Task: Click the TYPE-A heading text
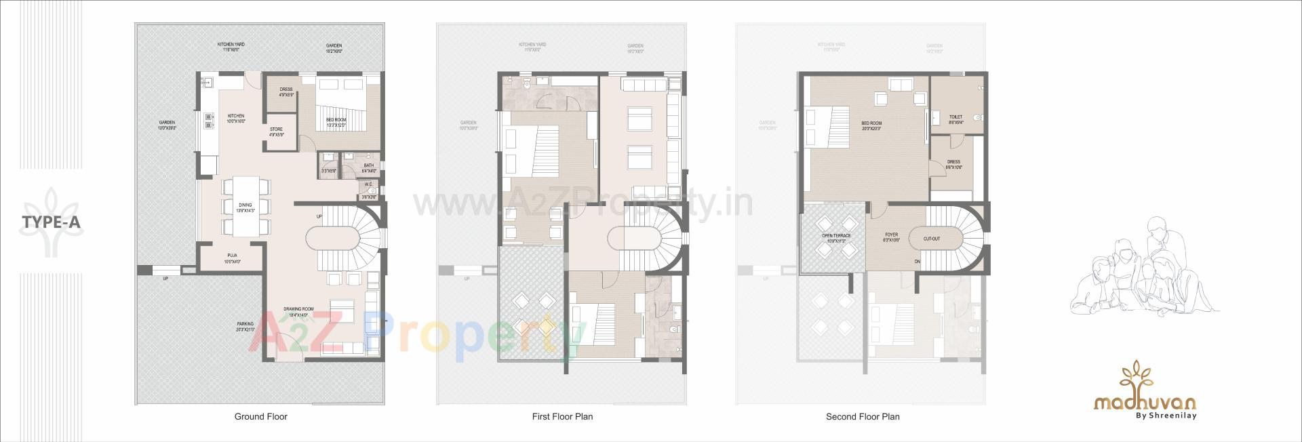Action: pyautogui.click(x=52, y=222)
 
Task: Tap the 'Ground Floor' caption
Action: pyautogui.click(x=260, y=416)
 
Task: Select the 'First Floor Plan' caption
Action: pyautogui.click(x=562, y=416)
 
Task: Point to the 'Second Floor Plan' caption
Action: pyautogui.click(x=863, y=416)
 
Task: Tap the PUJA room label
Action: pyautogui.click(x=232, y=256)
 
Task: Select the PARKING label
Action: pyautogui.click(x=245, y=324)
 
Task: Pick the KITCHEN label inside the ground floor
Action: pyautogui.click(x=235, y=116)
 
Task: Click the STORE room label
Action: pyautogui.click(x=276, y=129)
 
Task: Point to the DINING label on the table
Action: pyautogui.click(x=245, y=205)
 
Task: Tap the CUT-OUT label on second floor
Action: pyautogui.click(x=932, y=239)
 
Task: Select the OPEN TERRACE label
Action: pyautogui.click(x=836, y=236)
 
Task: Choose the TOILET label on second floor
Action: pyautogui.click(x=955, y=117)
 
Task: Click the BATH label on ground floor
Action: pyautogui.click(x=368, y=165)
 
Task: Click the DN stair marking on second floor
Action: pyautogui.click(x=917, y=261)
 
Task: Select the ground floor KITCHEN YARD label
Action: pyautogui.click(x=231, y=45)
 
